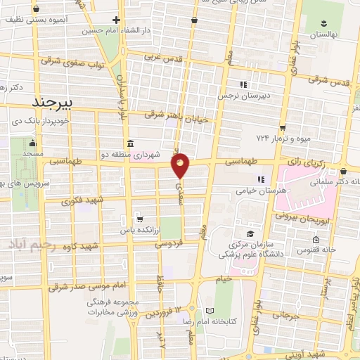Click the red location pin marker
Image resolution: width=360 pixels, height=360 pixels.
tap(181, 165)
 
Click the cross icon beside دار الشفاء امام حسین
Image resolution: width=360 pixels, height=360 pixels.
tap(117, 20)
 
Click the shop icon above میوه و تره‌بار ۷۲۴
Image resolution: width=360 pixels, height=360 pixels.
tap(282, 128)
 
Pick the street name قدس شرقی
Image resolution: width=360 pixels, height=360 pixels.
tap(330, 81)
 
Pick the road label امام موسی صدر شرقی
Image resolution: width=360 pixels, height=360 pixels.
tap(93, 282)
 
